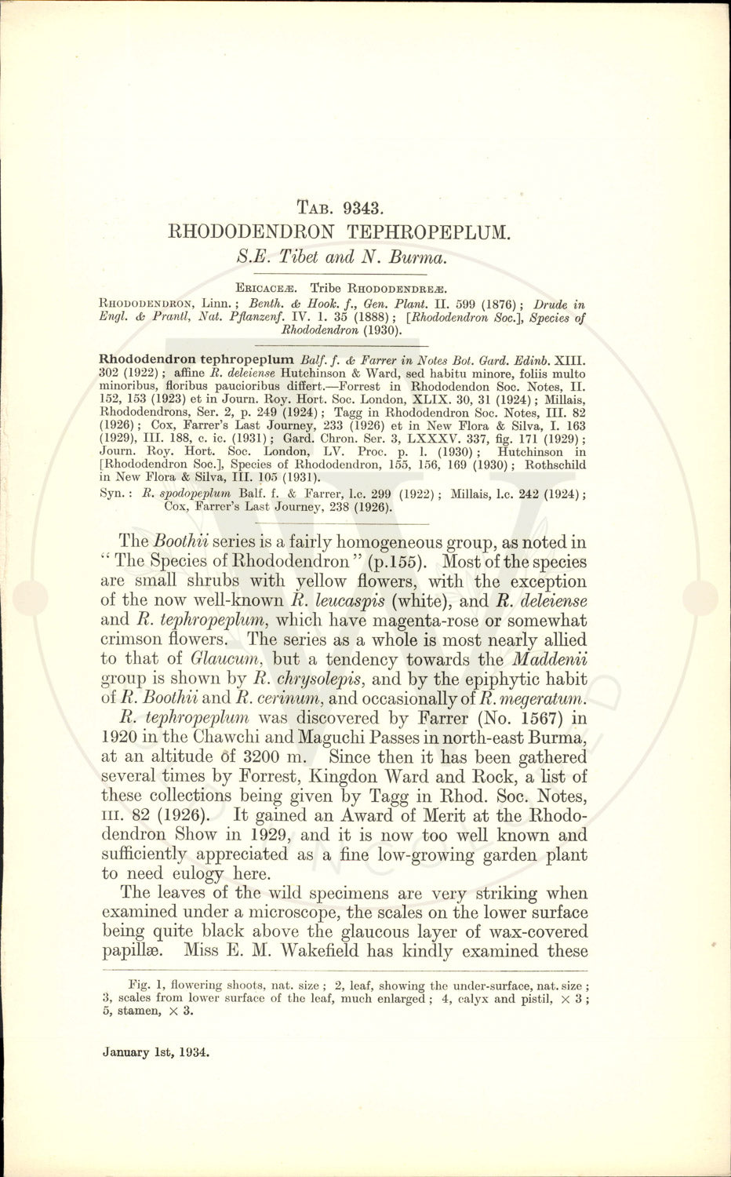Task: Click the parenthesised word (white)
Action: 423,601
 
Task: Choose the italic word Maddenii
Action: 549,659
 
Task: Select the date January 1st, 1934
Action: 156,1052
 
